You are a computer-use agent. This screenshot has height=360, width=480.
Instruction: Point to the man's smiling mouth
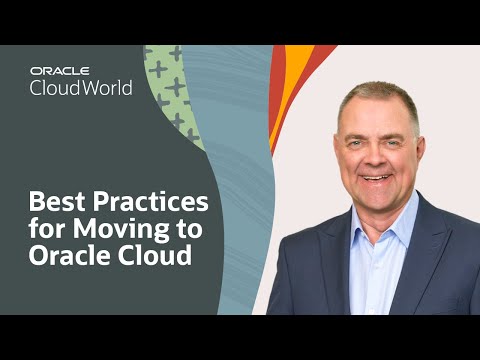coord(377,177)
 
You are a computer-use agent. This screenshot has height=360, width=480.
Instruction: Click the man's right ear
coord(336,150)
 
